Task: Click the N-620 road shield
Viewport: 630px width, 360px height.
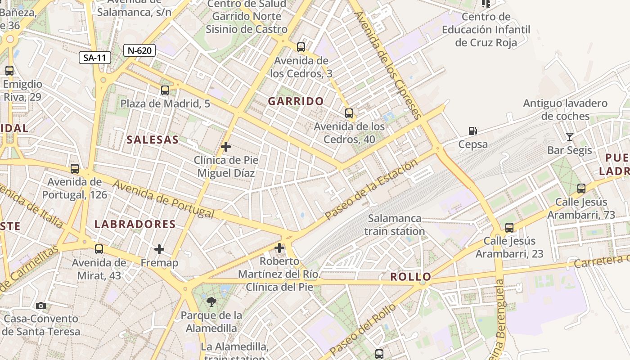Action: [x=139, y=50]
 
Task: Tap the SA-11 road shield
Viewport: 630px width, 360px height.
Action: [x=95, y=58]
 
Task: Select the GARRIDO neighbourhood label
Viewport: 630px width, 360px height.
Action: [x=296, y=101]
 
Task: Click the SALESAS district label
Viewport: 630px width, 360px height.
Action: [x=153, y=140]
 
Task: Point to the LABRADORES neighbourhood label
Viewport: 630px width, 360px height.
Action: [x=135, y=224]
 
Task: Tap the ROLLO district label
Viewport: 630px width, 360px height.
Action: [x=410, y=277]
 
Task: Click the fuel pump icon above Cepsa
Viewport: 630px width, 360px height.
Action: [x=472, y=131]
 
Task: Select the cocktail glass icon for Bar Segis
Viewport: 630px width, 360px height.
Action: [x=570, y=137]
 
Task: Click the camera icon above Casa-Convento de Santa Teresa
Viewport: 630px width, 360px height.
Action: [x=41, y=306]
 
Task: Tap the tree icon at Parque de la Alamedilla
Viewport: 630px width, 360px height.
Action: [x=211, y=302]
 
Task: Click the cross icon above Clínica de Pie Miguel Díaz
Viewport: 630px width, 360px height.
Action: [x=226, y=147]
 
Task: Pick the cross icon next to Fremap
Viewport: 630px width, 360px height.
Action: [x=159, y=249]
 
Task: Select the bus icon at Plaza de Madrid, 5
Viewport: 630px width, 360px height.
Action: [x=165, y=90]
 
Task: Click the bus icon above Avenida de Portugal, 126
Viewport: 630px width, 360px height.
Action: [x=75, y=169]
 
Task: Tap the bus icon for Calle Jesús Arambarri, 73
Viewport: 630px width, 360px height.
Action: [x=581, y=189]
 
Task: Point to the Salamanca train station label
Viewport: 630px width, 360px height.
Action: [x=395, y=225]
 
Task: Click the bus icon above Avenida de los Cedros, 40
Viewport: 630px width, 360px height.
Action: [x=349, y=113]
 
